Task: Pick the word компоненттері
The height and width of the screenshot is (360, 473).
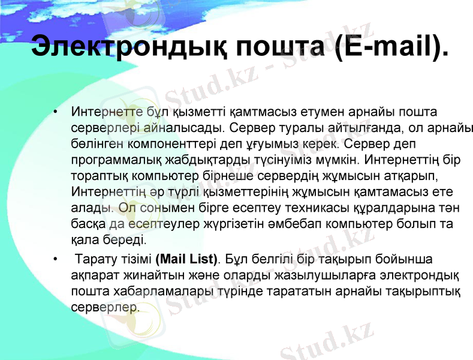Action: click(x=165, y=144)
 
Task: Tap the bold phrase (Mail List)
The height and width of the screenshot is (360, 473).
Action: click(x=186, y=260)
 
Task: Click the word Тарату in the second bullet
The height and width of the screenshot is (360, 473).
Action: click(x=98, y=260)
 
